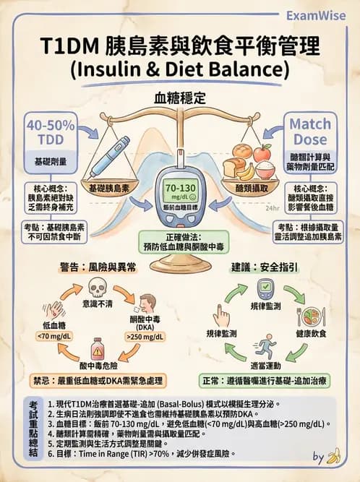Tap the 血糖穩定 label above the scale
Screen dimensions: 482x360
pos(180,97)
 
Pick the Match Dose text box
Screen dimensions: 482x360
pos(310,131)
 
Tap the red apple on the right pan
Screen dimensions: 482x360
pos(261,152)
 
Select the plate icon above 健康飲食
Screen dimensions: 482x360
pos(311,317)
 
